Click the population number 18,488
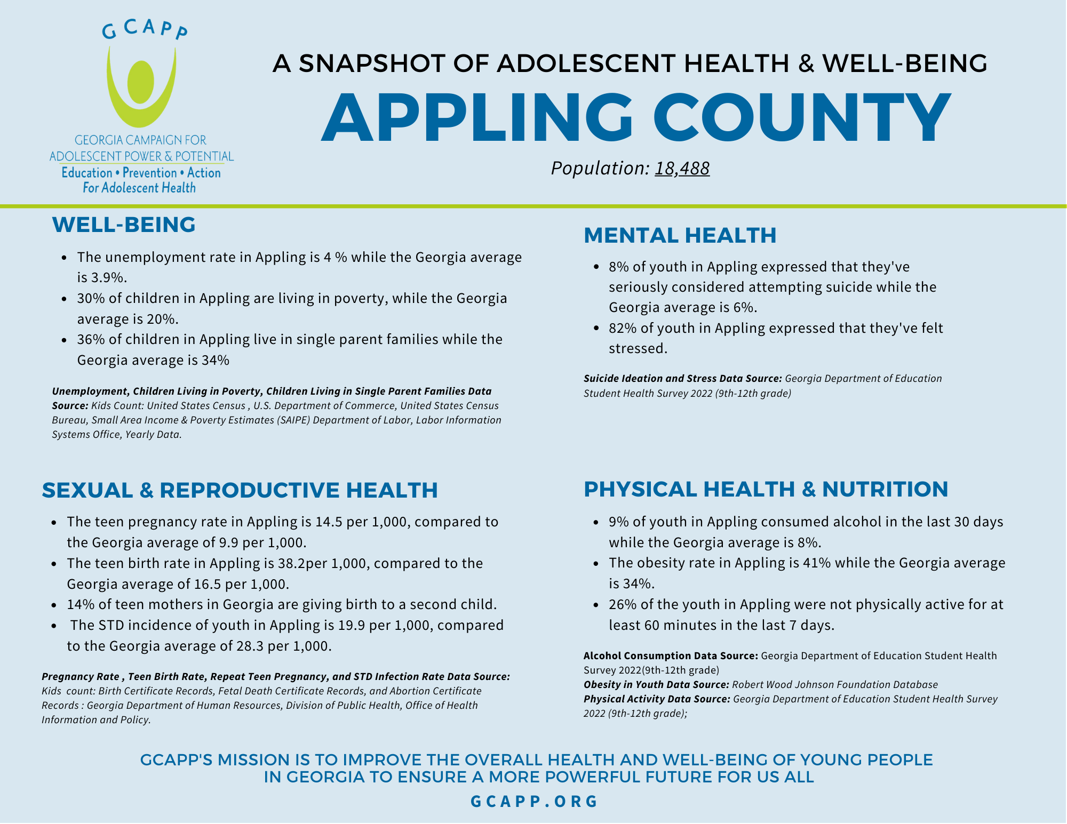[x=682, y=168]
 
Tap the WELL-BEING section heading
[x=124, y=225]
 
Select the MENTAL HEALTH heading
[x=680, y=235]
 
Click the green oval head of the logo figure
[x=141, y=83]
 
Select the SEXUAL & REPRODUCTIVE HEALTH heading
[x=240, y=490]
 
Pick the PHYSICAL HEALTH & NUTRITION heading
[x=766, y=489]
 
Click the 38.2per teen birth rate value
[x=302, y=563]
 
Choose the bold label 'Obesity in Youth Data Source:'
[x=656, y=685]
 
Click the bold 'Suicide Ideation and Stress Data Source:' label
[x=683, y=379]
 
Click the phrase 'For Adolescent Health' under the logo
[x=139, y=188]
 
